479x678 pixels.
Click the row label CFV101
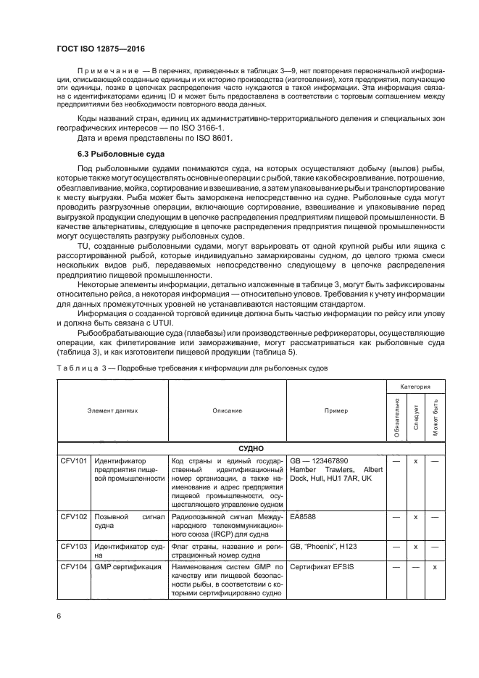tap(73, 460)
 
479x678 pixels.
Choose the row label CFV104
tap(73, 566)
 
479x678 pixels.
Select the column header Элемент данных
tap(112, 410)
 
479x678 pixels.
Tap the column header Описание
tap(228, 410)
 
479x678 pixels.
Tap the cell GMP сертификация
tap(128, 566)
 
